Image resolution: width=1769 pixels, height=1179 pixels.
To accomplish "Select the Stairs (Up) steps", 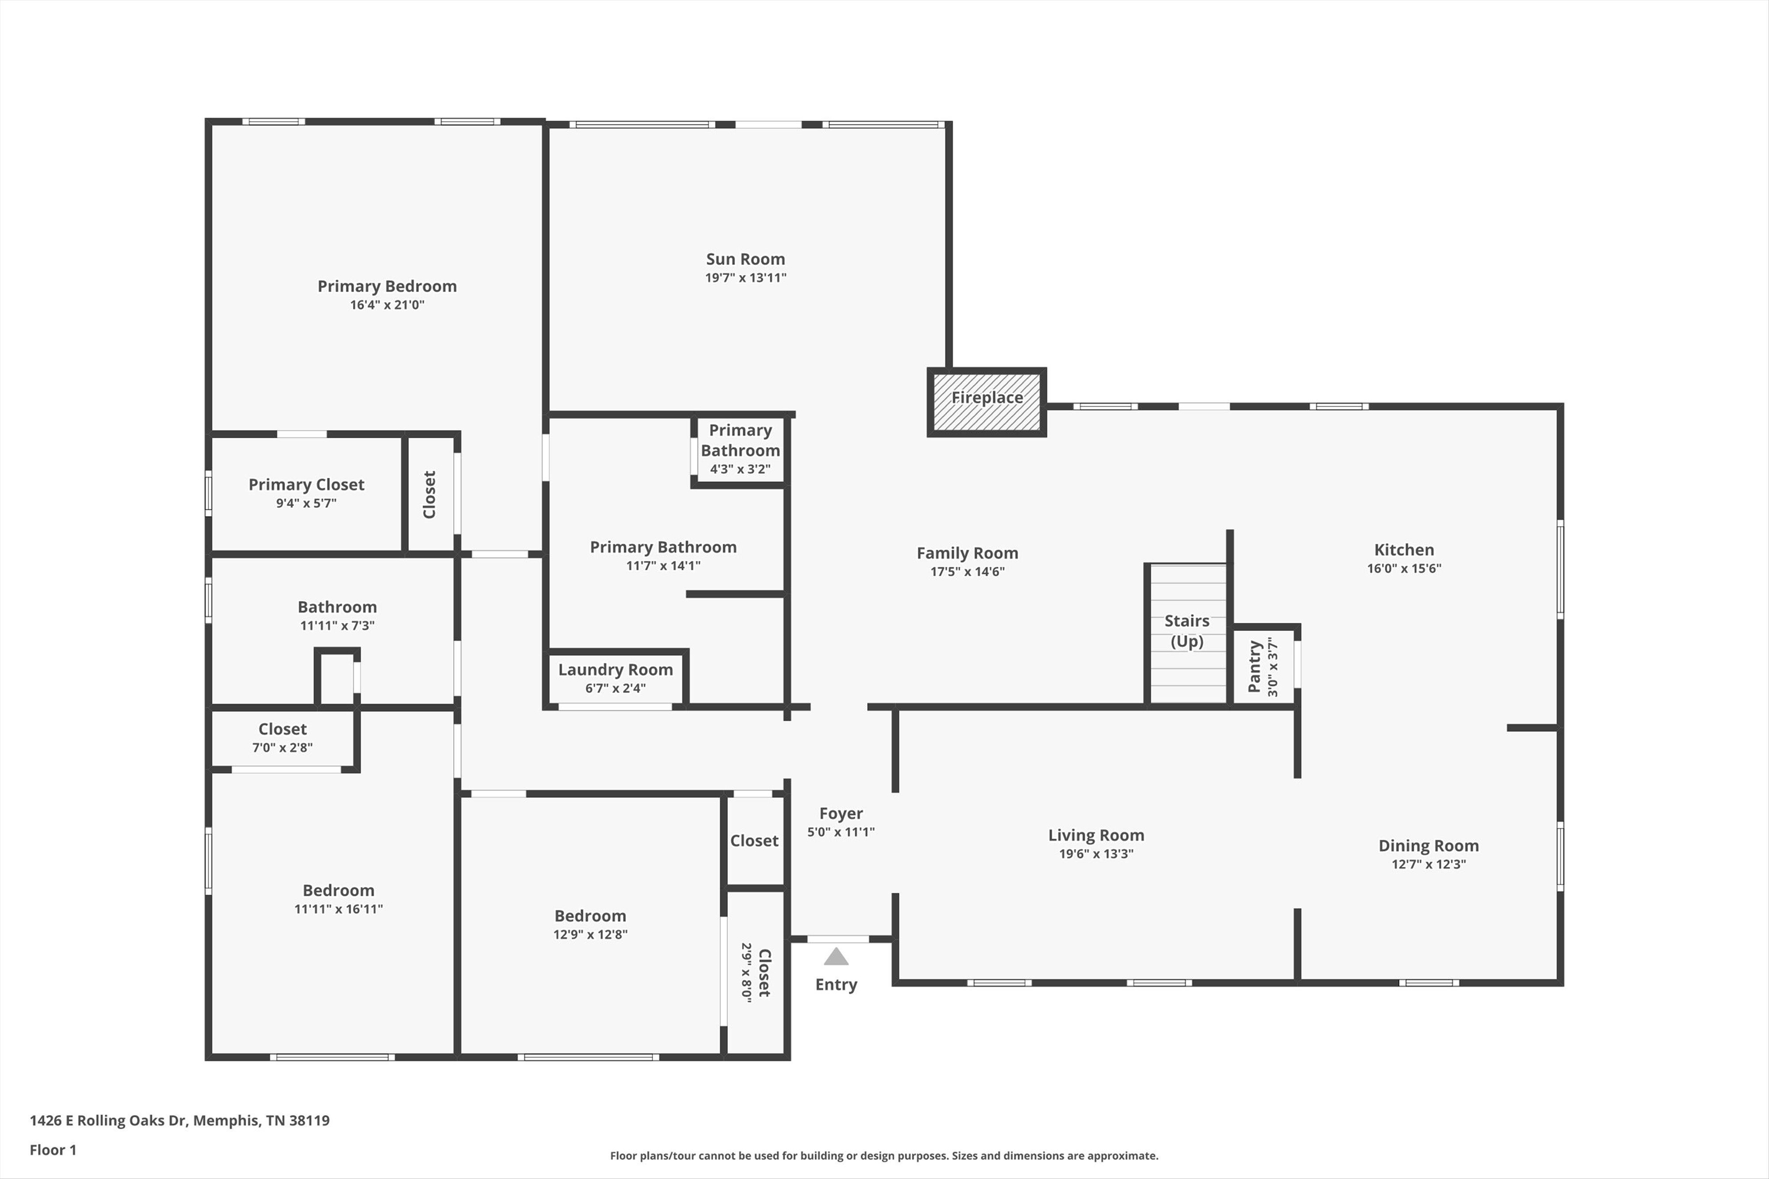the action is click(x=1187, y=633).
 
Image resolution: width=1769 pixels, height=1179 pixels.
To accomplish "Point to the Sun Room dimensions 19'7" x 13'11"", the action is click(x=745, y=277).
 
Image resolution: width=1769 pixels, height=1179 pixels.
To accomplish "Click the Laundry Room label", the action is click(x=615, y=669).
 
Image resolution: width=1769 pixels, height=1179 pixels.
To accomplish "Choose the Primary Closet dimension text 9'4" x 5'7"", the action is click(x=306, y=503).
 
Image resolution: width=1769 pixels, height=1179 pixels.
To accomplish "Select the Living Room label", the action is click(x=1096, y=835).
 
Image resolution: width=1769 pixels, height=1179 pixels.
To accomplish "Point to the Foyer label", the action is click(x=841, y=813).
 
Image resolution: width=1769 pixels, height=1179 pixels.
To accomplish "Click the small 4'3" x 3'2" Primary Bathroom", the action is click(x=740, y=450).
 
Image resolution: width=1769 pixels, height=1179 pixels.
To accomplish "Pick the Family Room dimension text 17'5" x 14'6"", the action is click(x=967, y=572).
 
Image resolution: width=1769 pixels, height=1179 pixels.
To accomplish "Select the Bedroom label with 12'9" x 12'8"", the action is click(x=590, y=916).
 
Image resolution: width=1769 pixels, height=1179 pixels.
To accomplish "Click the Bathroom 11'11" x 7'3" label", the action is click(x=337, y=607).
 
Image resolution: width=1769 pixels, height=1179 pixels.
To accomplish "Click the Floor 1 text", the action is click(x=52, y=1150).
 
